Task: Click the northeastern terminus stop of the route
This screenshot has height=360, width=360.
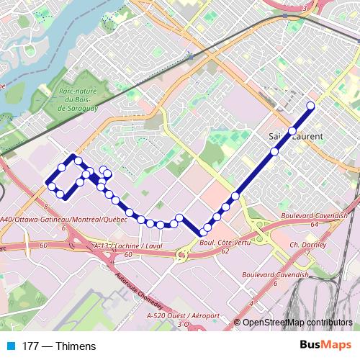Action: (311, 107)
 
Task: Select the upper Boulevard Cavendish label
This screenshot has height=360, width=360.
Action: (320, 215)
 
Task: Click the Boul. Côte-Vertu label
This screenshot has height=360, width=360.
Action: (219, 244)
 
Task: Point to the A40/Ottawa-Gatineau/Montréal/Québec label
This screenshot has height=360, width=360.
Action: (63, 219)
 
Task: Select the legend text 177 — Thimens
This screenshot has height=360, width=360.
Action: (59, 346)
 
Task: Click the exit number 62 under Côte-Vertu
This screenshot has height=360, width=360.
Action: (225, 252)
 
